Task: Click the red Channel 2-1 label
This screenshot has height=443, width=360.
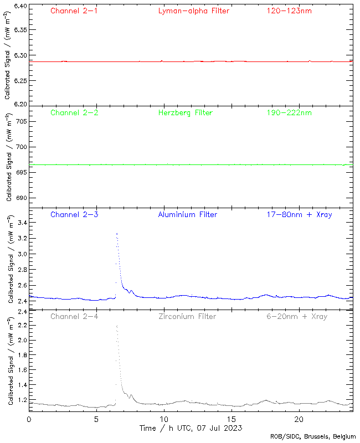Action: click(x=74, y=11)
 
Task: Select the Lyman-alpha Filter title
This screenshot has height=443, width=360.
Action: click(x=193, y=11)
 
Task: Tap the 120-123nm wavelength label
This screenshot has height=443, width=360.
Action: click(x=289, y=11)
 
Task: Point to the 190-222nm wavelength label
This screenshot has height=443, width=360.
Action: click(x=289, y=113)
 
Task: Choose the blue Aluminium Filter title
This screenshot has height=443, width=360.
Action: click(x=188, y=214)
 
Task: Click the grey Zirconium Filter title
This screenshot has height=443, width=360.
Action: click(x=187, y=316)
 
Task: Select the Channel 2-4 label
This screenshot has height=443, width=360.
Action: click(x=74, y=316)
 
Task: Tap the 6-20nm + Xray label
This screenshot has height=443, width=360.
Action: click(x=296, y=316)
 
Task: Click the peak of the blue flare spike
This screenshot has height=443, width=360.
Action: click(x=117, y=234)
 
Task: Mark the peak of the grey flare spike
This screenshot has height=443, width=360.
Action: click(x=117, y=326)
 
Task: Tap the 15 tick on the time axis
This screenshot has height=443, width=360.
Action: click(x=231, y=420)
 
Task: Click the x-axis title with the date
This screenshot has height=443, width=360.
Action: click(x=190, y=428)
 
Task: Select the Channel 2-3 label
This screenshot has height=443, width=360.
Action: click(x=74, y=214)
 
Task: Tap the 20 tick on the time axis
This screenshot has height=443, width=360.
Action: click(x=299, y=420)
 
